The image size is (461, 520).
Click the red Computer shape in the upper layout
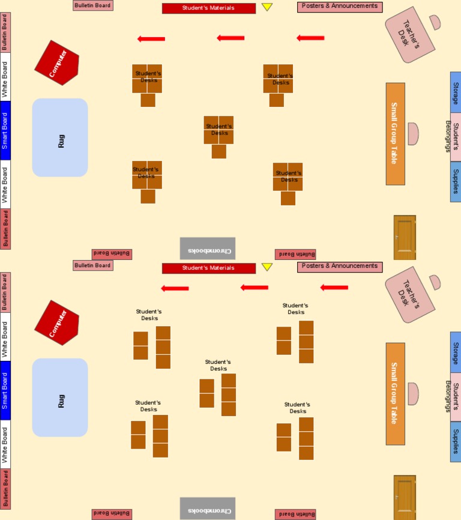coord(56,62)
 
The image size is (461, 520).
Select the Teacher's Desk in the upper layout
coord(410,35)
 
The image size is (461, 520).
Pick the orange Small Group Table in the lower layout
coord(395,393)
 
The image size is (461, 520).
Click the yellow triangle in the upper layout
coord(267,7)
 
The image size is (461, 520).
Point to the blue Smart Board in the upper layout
coord(5,130)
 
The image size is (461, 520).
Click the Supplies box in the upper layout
coord(456,181)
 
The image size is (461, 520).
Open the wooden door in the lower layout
coord(405,497)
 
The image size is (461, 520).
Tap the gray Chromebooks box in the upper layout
coord(208,249)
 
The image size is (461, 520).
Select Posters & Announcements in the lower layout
coord(340,267)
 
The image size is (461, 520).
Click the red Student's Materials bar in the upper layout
coord(208,8)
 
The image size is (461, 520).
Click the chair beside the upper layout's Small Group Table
coord(412,134)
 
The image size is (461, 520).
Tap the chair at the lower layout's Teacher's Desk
coord(435,282)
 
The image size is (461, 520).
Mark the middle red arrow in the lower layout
coord(255,288)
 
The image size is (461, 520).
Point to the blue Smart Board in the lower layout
coord(5,390)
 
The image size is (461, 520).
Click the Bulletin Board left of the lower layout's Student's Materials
coord(92,265)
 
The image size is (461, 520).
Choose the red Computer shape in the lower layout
coord(56,322)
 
